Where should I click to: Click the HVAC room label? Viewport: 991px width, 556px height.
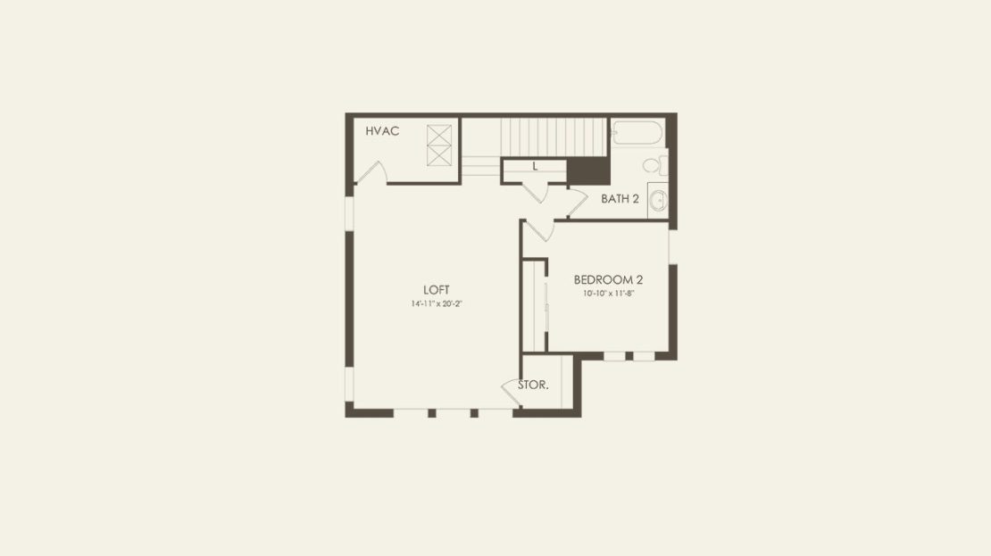(x=382, y=131)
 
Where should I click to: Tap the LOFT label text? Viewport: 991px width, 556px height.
(x=436, y=290)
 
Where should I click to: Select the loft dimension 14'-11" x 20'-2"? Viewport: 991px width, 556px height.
(x=437, y=304)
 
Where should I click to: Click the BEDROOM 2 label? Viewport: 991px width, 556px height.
(x=608, y=279)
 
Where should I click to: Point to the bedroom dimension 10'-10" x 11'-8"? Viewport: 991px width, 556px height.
(x=608, y=293)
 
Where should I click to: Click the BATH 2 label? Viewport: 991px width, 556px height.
(x=620, y=198)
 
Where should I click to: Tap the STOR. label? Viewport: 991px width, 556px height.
(x=533, y=385)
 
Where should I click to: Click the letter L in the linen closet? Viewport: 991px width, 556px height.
(x=535, y=167)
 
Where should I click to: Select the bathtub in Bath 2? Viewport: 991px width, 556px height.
(x=637, y=133)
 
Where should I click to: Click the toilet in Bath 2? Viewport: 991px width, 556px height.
(x=654, y=165)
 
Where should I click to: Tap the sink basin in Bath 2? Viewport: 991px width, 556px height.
(x=658, y=200)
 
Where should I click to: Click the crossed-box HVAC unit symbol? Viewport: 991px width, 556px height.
(x=439, y=145)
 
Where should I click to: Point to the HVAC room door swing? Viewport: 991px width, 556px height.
(x=372, y=172)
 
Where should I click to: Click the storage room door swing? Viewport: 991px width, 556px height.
(x=511, y=392)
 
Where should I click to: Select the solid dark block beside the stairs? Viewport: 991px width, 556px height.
(x=588, y=170)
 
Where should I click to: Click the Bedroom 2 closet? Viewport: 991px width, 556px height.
(x=534, y=306)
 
